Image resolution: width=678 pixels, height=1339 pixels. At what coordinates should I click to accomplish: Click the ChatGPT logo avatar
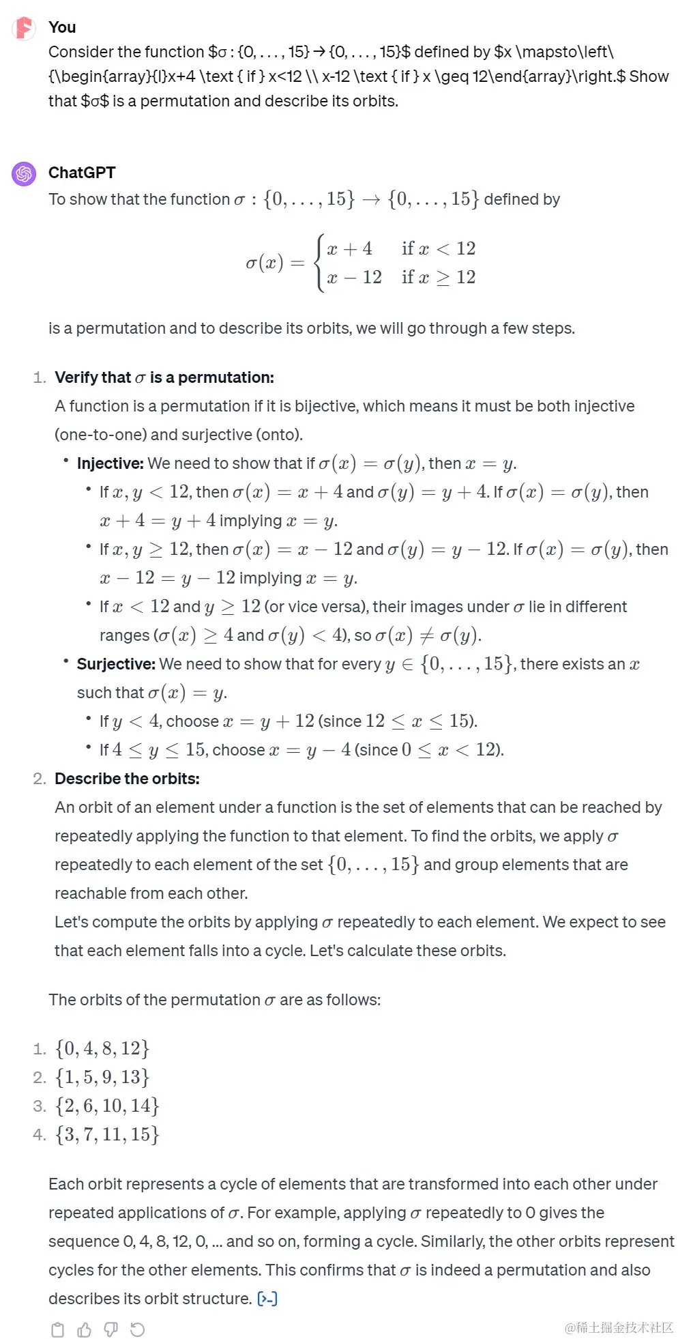pos(24,174)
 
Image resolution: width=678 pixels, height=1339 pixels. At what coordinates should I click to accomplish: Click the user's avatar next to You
pos(24,28)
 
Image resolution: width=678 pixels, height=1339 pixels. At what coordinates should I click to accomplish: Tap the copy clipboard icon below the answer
pos(58,1329)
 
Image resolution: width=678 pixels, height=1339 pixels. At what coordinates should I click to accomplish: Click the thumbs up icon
pos(85,1329)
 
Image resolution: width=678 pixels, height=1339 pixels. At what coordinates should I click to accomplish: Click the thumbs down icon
pos(110,1329)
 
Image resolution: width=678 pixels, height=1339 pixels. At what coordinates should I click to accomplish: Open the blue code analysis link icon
pos(267,1299)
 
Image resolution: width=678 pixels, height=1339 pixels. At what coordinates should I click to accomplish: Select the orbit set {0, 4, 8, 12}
pos(102,1048)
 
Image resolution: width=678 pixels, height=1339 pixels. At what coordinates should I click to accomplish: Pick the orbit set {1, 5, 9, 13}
pos(102,1077)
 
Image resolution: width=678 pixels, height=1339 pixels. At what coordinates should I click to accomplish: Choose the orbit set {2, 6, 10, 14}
pos(107,1106)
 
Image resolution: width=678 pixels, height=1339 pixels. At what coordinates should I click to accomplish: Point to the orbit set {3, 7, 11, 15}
pos(107,1134)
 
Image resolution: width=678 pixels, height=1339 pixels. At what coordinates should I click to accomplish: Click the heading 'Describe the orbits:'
pos(127,779)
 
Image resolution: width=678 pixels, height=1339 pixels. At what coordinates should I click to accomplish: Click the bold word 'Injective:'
pos(110,463)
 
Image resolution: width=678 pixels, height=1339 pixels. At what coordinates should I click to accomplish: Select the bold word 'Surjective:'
pos(116,664)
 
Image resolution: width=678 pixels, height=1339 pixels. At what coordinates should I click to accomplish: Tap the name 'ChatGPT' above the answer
pos(82,173)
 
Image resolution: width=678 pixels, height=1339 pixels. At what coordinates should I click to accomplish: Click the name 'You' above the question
pos(62,27)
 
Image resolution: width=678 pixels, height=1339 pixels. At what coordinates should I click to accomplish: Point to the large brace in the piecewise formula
pos(319,263)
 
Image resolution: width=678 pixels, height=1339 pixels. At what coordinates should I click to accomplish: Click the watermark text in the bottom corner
pos(619,1327)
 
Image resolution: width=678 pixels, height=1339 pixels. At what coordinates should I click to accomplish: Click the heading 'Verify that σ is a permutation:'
pos(164,377)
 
